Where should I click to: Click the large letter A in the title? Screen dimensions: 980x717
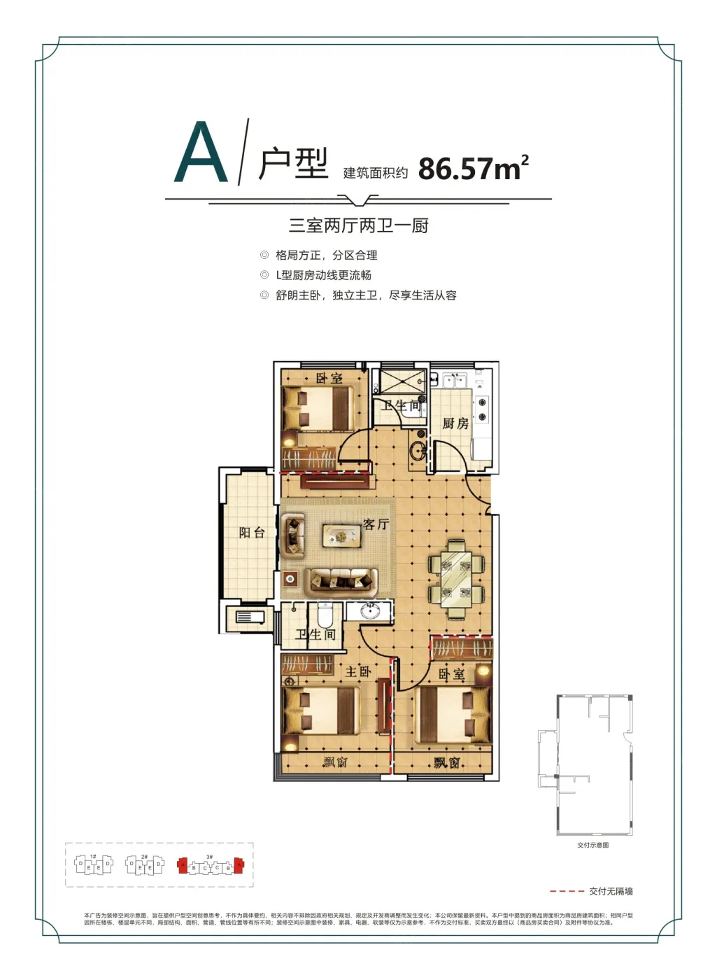coord(201,153)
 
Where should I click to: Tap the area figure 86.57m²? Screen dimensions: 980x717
coord(473,169)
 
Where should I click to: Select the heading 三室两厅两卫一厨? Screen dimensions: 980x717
coord(358,225)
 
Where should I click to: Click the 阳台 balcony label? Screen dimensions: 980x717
coord(252,533)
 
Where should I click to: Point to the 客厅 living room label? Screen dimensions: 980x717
coord(376,524)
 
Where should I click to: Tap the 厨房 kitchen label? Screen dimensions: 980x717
coord(455,423)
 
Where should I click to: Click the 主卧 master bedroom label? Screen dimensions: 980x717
coord(358,671)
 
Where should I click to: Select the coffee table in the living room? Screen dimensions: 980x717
coord(341,536)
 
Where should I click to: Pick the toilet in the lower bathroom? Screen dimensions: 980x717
coord(325,616)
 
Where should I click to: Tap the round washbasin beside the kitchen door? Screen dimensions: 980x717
coord(419,451)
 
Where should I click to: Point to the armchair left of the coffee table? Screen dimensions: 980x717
coord(292,535)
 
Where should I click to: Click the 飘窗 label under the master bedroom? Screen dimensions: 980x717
coord(335,762)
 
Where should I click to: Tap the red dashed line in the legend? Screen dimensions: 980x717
coord(567,892)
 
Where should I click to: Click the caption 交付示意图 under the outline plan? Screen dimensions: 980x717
coord(593,845)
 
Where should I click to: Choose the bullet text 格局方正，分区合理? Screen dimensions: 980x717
coord(326,255)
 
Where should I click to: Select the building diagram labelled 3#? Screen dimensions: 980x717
coord(209,866)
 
